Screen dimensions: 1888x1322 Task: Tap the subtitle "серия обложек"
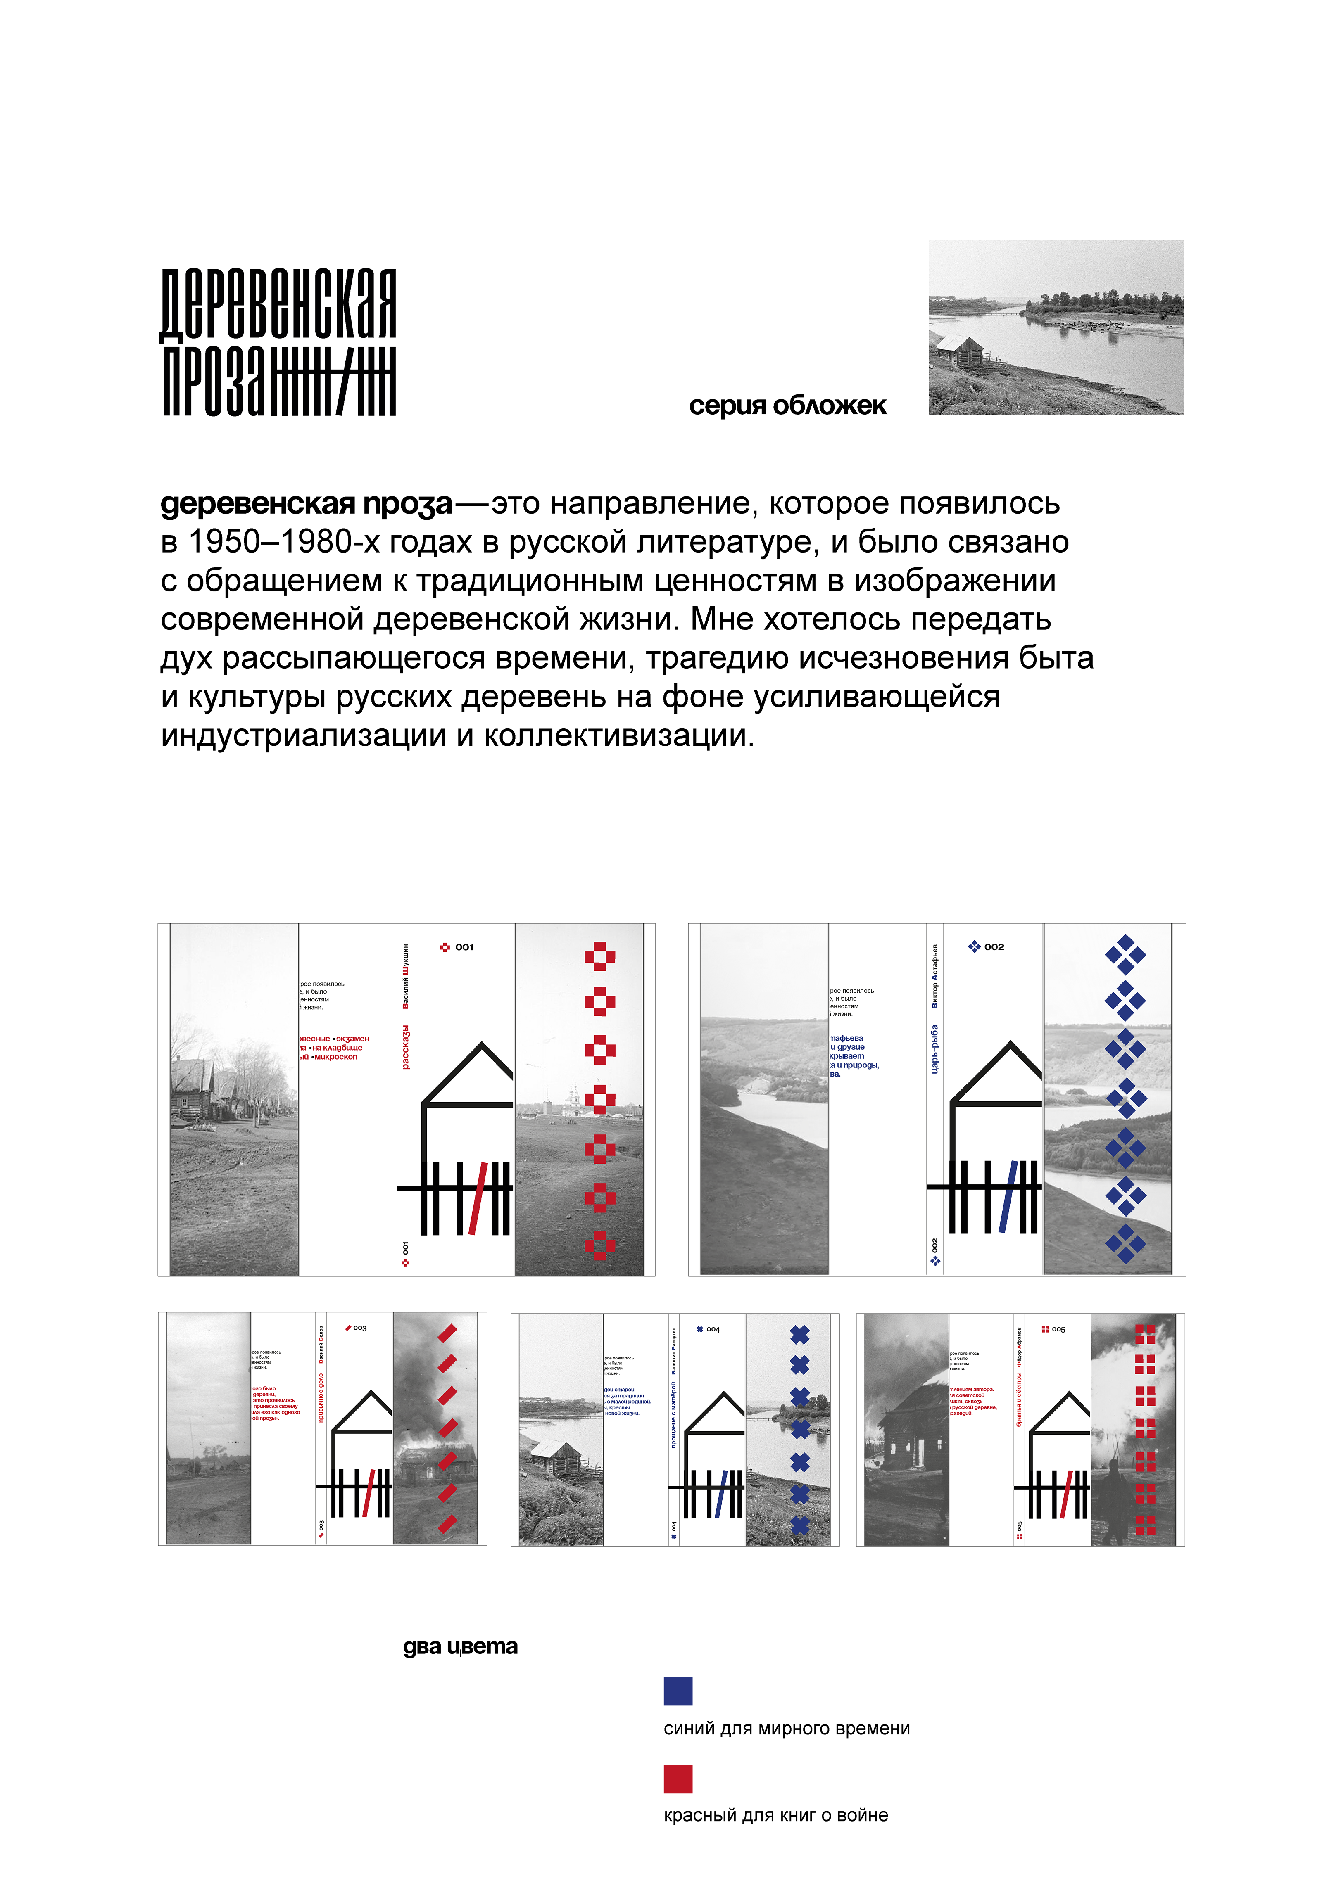pos(787,406)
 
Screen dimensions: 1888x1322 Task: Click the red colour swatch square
pos(678,1779)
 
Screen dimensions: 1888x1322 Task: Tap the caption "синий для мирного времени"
pos(787,1729)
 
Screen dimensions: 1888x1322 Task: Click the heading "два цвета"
pos(460,1647)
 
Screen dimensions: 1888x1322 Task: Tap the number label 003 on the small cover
pos(359,1328)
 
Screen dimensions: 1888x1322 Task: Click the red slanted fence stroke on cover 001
pos(478,1198)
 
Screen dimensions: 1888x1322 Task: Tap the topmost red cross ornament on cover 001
pos(600,956)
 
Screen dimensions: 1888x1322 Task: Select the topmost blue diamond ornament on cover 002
pos(1125,954)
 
